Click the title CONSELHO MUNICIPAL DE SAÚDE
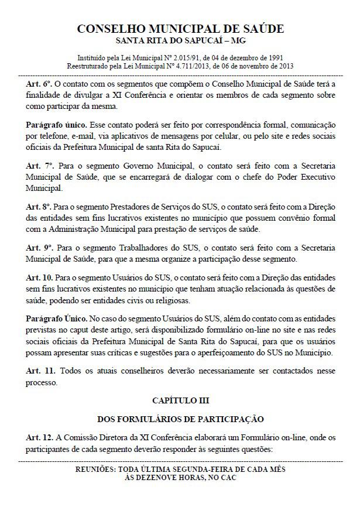(180, 29)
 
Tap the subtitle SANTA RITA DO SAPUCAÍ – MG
(180, 41)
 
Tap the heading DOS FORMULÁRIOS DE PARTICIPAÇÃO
(180, 419)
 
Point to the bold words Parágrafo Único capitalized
(56, 319)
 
